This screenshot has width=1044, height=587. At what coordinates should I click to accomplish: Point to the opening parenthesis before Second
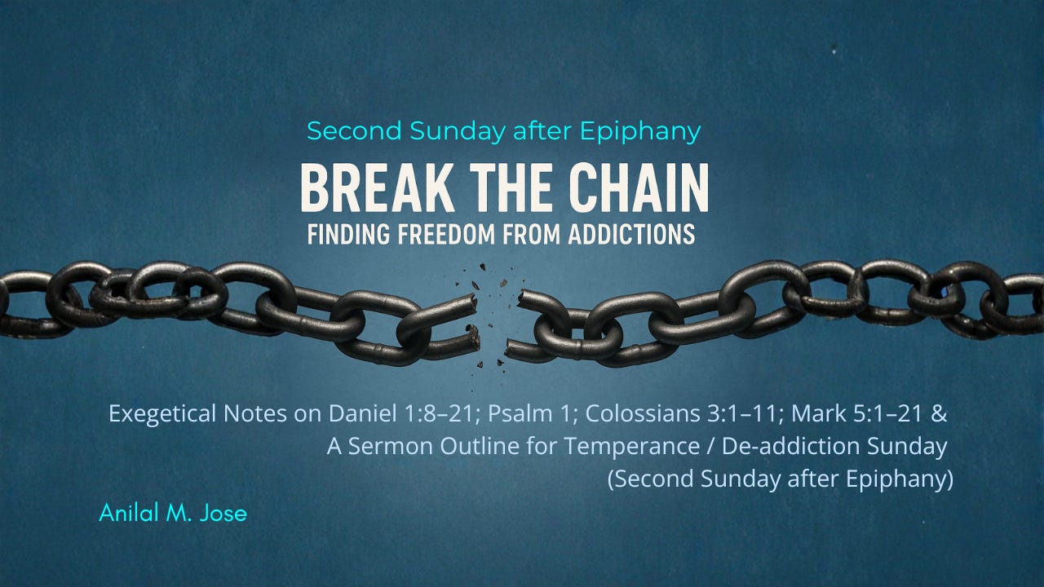[613, 479]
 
